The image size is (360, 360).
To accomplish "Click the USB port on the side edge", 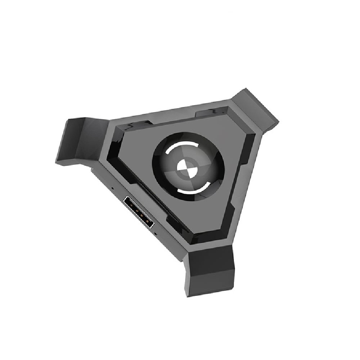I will coord(139,212).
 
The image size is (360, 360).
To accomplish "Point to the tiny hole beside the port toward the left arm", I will coord(113,188).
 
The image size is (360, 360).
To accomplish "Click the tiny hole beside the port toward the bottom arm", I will coord(156,234).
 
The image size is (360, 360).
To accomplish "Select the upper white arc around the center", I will coord(180,148).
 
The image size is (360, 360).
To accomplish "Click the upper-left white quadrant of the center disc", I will coord(183,163).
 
